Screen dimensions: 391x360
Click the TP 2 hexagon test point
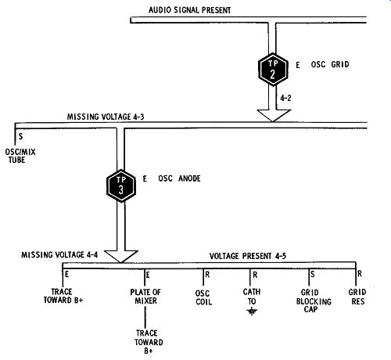(x=273, y=69)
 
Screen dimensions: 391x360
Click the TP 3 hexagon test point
(x=121, y=185)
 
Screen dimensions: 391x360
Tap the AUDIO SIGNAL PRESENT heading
(x=189, y=10)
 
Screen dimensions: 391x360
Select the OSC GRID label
(x=330, y=64)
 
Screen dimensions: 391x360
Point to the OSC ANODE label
(x=179, y=178)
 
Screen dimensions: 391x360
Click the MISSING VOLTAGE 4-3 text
(x=106, y=117)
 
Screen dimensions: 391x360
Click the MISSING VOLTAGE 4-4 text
(x=59, y=254)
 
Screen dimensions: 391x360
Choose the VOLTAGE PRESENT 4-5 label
(x=248, y=256)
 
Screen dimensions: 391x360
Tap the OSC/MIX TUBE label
(x=20, y=156)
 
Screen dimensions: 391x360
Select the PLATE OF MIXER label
(x=145, y=297)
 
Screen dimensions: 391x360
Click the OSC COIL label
(x=203, y=297)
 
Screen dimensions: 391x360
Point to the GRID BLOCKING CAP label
(x=314, y=301)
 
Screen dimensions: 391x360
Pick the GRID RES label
(x=357, y=297)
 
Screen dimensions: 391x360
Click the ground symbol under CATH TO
(x=252, y=311)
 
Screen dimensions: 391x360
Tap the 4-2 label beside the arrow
(x=285, y=98)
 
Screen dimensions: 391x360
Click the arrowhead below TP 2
(x=274, y=115)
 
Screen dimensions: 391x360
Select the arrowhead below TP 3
(x=121, y=257)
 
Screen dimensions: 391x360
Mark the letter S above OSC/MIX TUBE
(x=20, y=136)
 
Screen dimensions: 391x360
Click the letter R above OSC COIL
(x=207, y=274)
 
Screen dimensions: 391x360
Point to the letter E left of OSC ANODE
(x=145, y=178)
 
